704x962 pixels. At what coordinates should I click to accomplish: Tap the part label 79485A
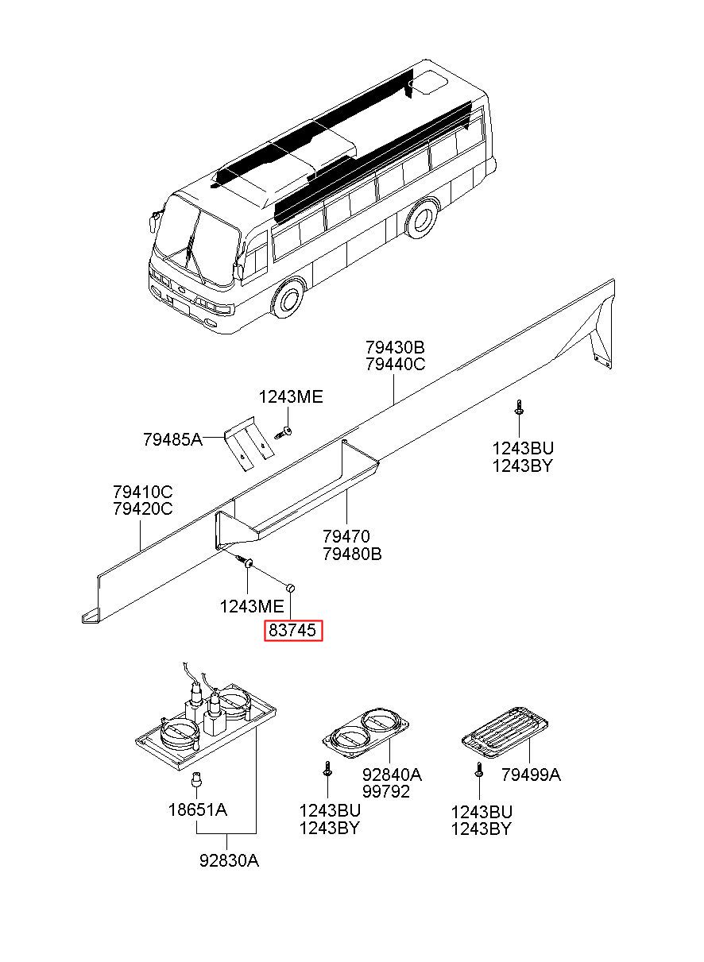[x=172, y=439]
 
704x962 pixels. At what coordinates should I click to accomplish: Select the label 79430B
[x=395, y=346]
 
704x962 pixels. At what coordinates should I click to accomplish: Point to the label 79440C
[x=396, y=364]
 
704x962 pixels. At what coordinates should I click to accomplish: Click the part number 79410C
[x=142, y=491]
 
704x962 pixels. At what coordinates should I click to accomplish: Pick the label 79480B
[x=352, y=554]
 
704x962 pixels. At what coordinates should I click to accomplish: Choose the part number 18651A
[x=198, y=810]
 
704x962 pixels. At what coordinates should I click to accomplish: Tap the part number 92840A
[x=393, y=775]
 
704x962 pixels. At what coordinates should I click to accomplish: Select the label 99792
[x=386, y=791]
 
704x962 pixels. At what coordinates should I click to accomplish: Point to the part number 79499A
[x=532, y=775]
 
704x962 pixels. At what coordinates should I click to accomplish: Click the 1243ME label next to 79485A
[x=291, y=397]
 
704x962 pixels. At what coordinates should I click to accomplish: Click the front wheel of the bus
[x=288, y=298]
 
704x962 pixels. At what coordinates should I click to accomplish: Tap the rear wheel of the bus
[x=422, y=218]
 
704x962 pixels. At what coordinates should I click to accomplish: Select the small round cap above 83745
[x=290, y=586]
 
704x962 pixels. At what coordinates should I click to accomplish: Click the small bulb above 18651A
[x=197, y=778]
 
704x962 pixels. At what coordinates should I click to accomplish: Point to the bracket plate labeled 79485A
[x=249, y=443]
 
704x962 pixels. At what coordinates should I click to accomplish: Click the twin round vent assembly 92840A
[x=366, y=733]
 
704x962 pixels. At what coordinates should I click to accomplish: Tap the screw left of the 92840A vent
[x=327, y=768]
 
